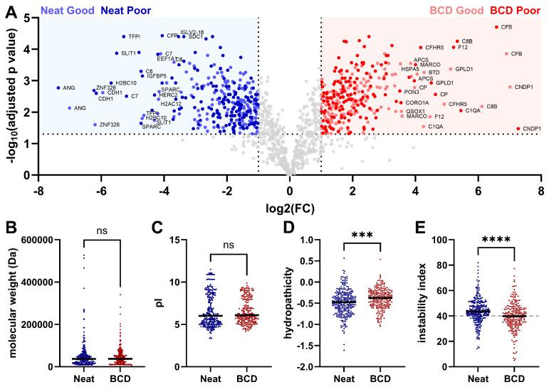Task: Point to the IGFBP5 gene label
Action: (x=157, y=76)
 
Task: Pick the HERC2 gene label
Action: (x=169, y=95)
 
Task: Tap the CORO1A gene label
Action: (x=417, y=102)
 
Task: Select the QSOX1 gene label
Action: (x=416, y=111)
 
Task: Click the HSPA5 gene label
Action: (x=409, y=69)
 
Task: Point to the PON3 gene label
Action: (x=412, y=92)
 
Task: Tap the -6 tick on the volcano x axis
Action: (x=101, y=191)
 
